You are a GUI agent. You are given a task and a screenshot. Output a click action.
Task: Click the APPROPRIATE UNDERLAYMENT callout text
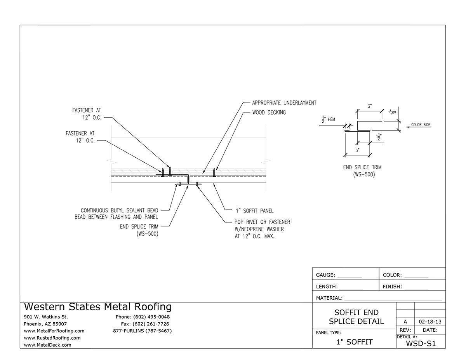[284, 103]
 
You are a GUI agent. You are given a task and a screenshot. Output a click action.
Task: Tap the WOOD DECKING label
[269, 113]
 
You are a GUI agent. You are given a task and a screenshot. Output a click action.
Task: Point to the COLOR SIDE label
[421, 125]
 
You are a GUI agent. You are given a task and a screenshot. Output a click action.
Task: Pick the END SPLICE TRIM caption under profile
[362, 167]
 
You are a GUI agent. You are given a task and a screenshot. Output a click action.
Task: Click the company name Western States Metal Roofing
[97, 307]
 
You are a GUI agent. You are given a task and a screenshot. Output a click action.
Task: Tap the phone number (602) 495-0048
[143, 317]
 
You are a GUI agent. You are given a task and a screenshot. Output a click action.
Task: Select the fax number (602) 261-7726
[145, 324]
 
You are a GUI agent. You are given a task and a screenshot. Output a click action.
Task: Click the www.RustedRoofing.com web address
[52, 338]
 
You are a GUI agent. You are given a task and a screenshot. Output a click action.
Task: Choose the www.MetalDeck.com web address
[47, 345]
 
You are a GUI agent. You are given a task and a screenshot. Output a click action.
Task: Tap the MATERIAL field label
[329, 298]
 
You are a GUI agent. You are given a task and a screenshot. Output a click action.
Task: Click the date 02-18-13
[430, 322]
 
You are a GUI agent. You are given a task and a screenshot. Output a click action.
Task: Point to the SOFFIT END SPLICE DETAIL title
[356, 317]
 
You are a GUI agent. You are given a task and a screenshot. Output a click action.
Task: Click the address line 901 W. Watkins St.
[46, 317]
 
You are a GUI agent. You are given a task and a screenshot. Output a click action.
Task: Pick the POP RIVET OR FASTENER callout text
[263, 222]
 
